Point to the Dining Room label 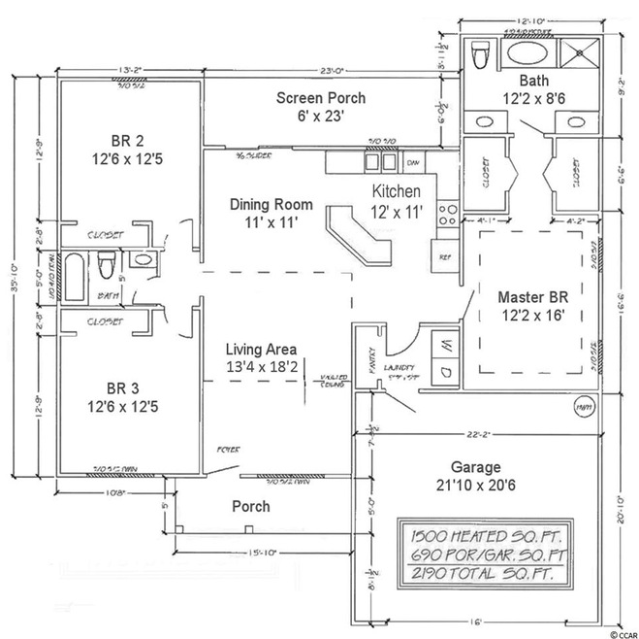(x=271, y=213)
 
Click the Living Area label (x=261, y=357)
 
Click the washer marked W (x=442, y=344)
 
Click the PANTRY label (x=367, y=357)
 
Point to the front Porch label (x=249, y=507)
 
